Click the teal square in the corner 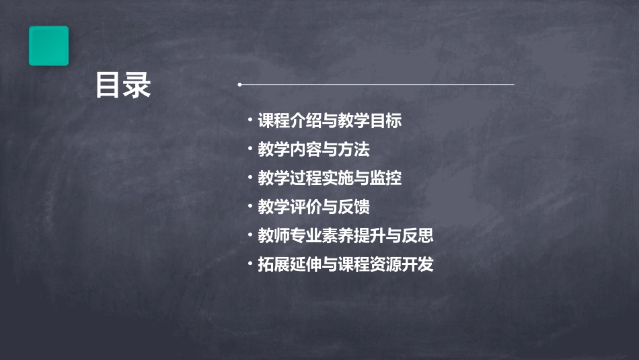tap(48, 46)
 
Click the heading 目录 tap(123, 85)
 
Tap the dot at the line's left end tap(239, 85)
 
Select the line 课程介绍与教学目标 tap(330, 121)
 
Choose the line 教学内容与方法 tap(313, 149)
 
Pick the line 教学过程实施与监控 tap(330, 178)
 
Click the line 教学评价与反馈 tap(313, 207)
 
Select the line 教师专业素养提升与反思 tap(346, 236)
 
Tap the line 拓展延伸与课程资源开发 tap(346, 264)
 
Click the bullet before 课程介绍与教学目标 tap(250, 121)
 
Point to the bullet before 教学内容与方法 tap(250, 149)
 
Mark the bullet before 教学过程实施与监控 tap(250, 178)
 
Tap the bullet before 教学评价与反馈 tap(250, 207)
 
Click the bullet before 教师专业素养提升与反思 tap(250, 236)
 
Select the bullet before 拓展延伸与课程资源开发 tap(250, 264)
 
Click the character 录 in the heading tap(137, 85)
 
